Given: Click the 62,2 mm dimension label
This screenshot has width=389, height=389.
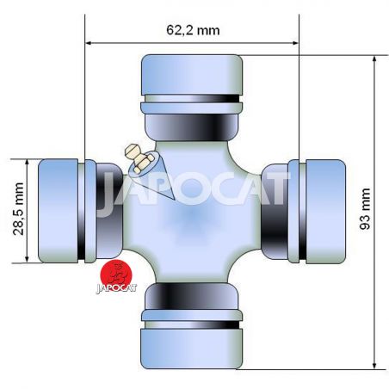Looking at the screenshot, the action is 193,30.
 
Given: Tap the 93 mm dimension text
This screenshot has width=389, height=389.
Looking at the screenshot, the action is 365,209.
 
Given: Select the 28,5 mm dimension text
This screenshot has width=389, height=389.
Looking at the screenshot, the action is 18,209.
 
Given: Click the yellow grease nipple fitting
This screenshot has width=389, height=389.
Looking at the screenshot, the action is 139,158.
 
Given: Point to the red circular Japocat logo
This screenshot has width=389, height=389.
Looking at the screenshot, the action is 116,274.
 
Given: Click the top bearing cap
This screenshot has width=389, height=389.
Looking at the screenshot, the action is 192,75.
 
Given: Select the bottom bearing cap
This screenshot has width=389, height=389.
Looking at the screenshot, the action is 191,349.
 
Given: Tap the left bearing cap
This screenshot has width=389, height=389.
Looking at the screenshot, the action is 58,211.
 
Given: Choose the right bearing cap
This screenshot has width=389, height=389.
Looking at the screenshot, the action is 325,212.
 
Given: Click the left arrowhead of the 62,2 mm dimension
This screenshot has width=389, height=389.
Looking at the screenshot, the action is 89,43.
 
